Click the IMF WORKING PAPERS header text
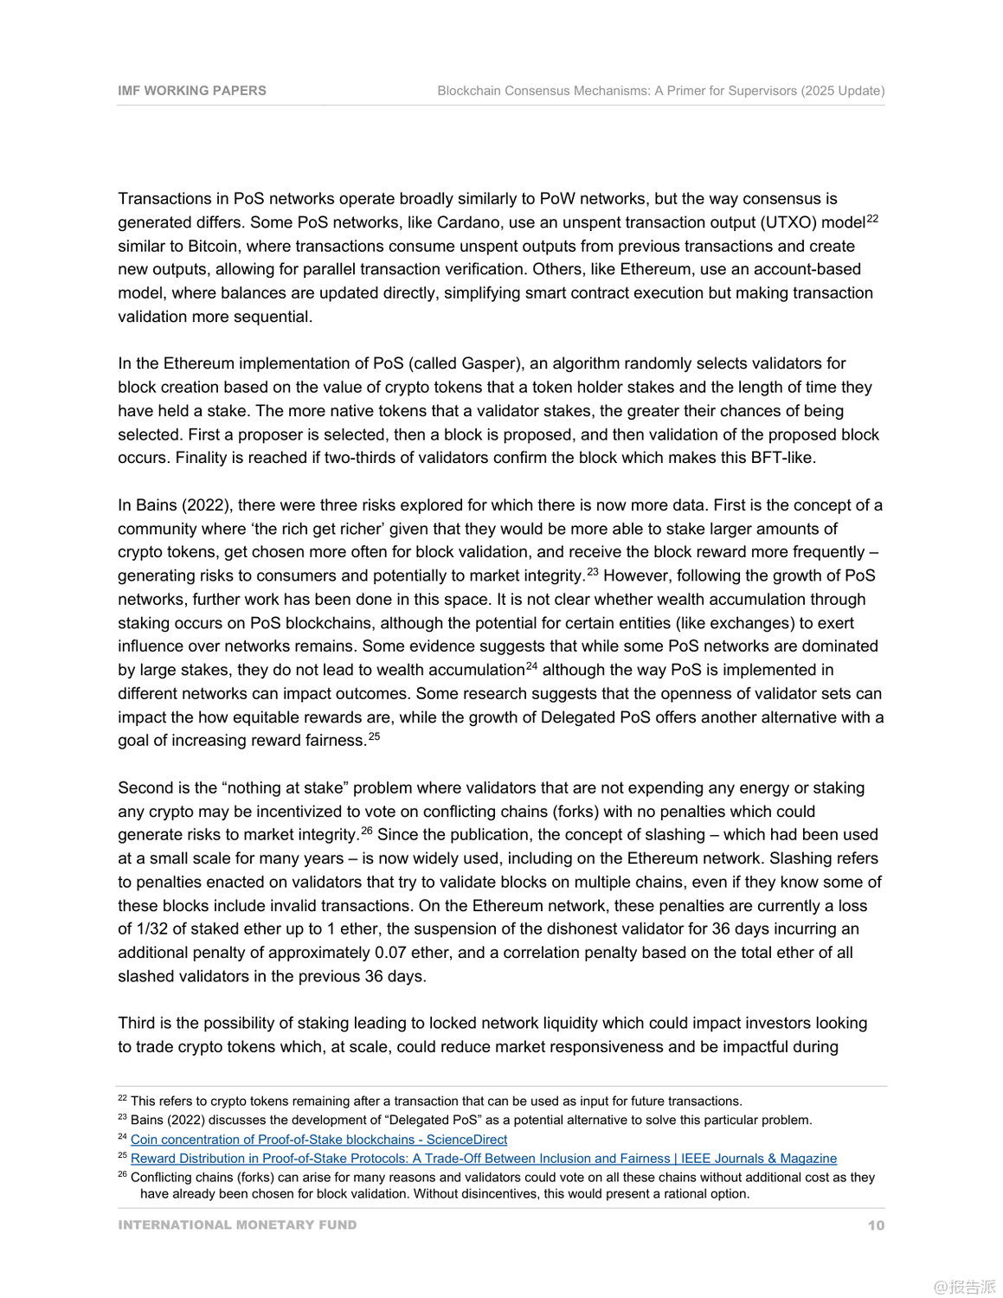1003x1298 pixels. pos(192,91)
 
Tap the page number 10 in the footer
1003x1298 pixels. pos(876,1225)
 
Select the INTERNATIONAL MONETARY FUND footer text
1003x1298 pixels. pos(237,1225)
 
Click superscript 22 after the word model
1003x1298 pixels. pos(872,219)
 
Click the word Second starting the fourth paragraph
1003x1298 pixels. pos(144,788)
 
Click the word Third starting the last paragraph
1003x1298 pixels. pos(137,1024)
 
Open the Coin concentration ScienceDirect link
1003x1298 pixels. pos(318,1140)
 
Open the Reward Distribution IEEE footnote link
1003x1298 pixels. pos(483,1159)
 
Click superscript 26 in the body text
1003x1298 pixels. pos(367,832)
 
